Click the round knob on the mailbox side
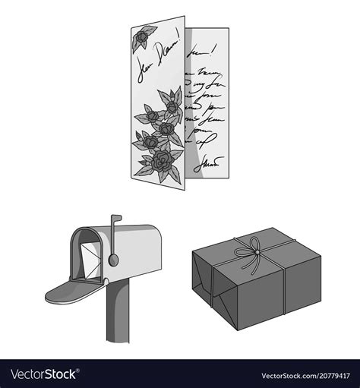click(x=113, y=260)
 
